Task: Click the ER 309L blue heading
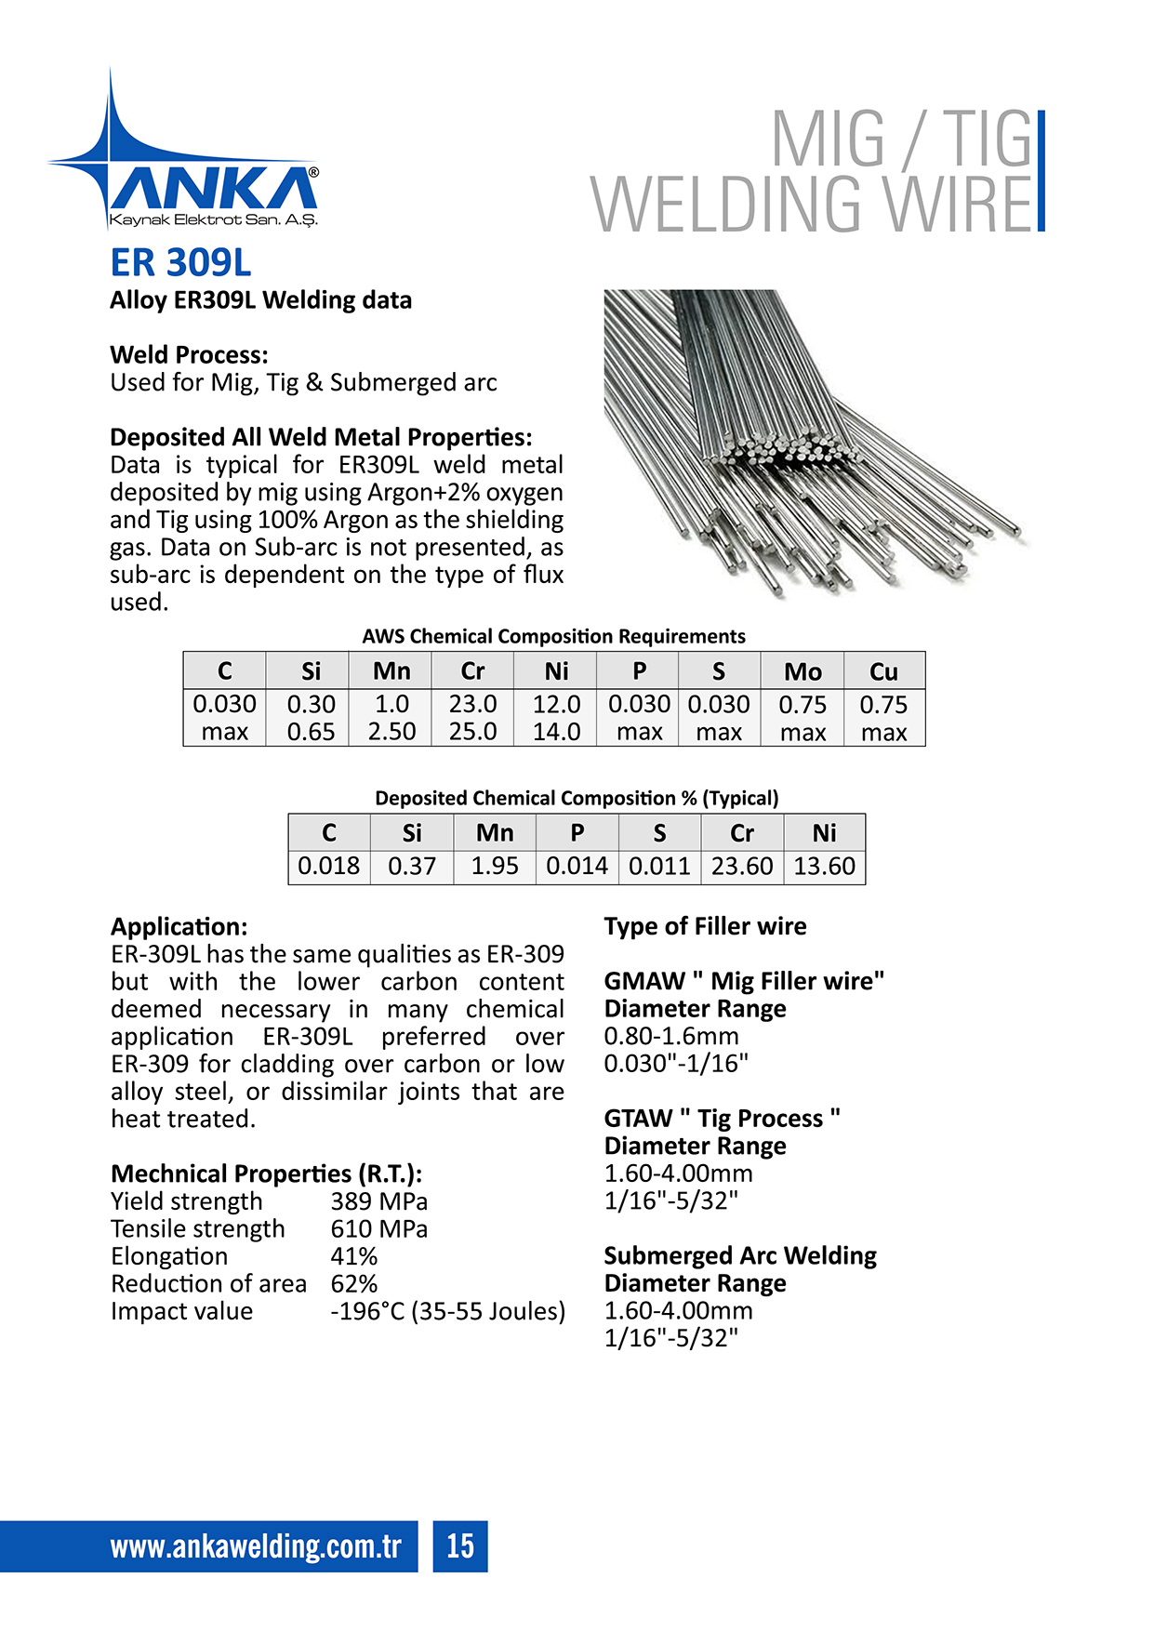[180, 263]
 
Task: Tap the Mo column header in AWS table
[802, 671]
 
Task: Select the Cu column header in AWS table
[883, 671]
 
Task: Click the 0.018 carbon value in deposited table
[328, 866]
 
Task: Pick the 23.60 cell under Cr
[741, 866]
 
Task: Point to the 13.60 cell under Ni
[824, 866]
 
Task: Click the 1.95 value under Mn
[494, 866]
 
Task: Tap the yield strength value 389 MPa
[378, 1201]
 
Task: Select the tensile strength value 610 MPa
[378, 1229]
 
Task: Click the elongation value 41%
[353, 1256]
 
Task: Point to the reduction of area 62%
[353, 1284]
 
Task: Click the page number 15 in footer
[459, 1545]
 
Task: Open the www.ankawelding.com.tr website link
[255, 1546]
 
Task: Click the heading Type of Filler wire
[705, 926]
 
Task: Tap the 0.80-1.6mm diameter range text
[670, 1036]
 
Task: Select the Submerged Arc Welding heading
[739, 1256]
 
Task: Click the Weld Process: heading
[189, 355]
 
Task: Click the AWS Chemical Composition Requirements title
[553, 636]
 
